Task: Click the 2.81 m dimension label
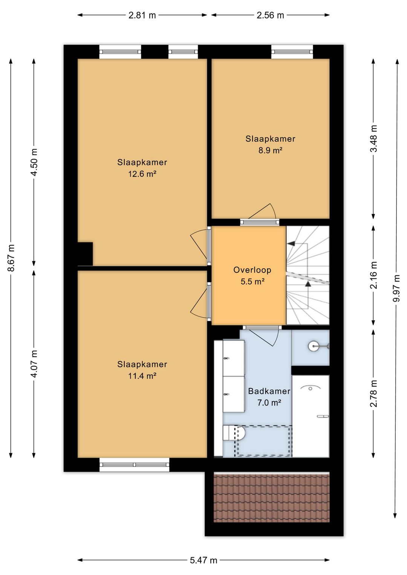142,15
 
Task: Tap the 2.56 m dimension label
270,15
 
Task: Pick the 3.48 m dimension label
373,139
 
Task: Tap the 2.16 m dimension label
373,275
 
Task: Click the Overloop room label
252,270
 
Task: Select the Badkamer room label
269,391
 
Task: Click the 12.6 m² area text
142,174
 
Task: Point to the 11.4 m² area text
142,376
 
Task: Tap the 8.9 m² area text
270,150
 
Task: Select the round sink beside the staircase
313,346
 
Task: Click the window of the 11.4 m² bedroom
134,465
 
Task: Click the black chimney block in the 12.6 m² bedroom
85,254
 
